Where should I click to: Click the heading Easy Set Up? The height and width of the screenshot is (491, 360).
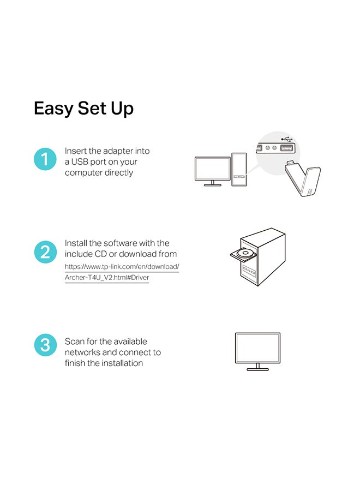click(x=83, y=109)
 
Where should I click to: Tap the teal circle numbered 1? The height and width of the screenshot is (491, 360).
click(x=45, y=159)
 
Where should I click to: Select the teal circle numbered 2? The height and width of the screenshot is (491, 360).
click(x=45, y=252)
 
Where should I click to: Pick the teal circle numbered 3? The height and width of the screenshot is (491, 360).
click(x=45, y=345)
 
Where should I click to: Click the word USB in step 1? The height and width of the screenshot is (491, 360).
click(x=80, y=162)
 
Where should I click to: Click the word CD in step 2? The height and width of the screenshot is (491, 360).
click(x=100, y=254)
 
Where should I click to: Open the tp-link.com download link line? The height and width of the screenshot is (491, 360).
click(x=122, y=267)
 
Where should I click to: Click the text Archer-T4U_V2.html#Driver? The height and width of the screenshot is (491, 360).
click(x=107, y=278)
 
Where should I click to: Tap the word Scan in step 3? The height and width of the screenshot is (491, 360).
click(x=75, y=342)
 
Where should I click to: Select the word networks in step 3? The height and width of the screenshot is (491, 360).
click(x=82, y=352)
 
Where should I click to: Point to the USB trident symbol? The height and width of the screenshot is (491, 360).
click(x=286, y=139)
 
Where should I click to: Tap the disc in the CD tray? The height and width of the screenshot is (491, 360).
click(x=244, y=253)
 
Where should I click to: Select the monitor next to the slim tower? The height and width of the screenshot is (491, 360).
click(x=213, y=171)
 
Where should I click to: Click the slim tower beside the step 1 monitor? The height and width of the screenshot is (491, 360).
click(x=239, y=170)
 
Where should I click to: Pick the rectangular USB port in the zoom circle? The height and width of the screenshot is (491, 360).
click(x=287, y=148)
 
